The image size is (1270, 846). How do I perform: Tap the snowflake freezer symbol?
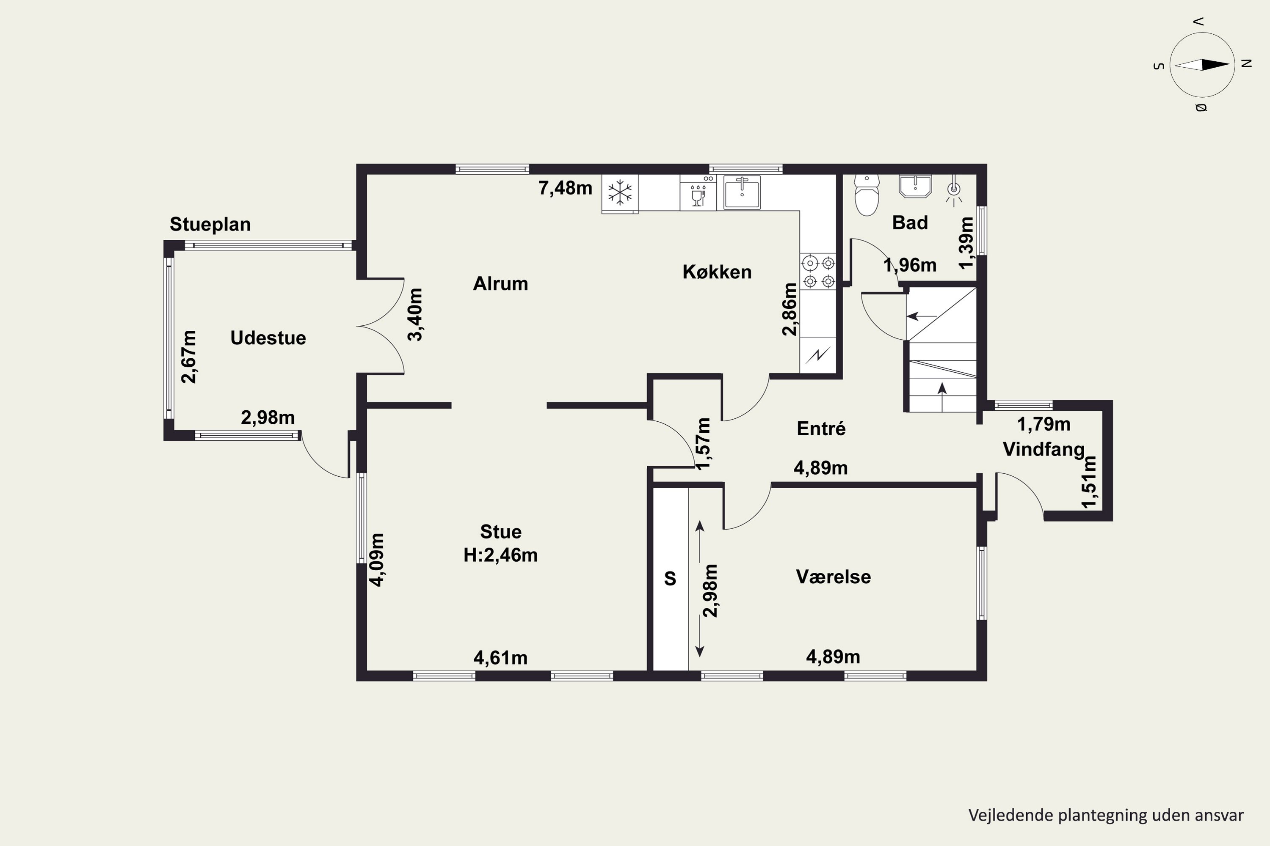620,192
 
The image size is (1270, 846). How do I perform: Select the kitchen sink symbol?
742,192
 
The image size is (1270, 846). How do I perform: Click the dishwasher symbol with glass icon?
698,192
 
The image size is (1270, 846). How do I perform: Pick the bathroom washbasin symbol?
915,186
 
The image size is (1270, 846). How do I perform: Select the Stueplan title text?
210,225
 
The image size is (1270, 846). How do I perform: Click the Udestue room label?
268,338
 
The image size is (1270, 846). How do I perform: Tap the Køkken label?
717,272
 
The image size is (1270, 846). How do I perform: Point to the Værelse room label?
833,577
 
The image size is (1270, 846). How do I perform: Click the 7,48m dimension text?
565,188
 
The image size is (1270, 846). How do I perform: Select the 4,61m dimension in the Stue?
500,658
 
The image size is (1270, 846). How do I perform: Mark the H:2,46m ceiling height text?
500,555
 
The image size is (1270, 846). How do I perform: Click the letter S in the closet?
670,578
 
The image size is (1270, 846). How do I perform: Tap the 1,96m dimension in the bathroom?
910,265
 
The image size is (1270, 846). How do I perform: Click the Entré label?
821,428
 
